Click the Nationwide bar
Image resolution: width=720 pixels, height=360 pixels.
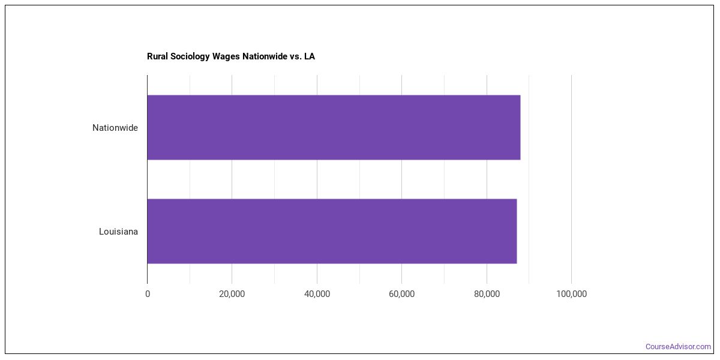(x=334, y=127)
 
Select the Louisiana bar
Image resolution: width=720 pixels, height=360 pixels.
(x=332, y=231)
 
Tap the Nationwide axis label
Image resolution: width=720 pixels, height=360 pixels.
(x=115, y=128)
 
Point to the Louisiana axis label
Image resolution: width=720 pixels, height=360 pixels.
(x=119, y=232)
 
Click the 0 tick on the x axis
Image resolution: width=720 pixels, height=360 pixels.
(x=148, y=294)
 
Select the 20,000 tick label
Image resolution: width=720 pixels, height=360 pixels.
(x=232, y=294)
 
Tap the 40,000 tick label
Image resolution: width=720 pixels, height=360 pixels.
(x=317, y=294)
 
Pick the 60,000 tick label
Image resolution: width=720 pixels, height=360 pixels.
(x=401, y=294)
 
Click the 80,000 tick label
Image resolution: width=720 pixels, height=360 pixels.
(x=487, y=294)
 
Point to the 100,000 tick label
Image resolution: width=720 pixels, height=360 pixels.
(x=571, y=294)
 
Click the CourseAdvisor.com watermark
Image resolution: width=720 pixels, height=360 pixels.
(x=678, y=347)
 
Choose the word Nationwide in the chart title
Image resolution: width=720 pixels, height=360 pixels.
(x=265, y=56)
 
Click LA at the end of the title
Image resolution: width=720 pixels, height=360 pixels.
(x=310, y=56)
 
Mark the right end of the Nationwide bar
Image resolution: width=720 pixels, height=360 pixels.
(x=520, y=127)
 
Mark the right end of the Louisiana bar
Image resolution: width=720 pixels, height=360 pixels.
(x=516, y=231)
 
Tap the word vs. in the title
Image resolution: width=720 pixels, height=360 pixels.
(x=296, y=56)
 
